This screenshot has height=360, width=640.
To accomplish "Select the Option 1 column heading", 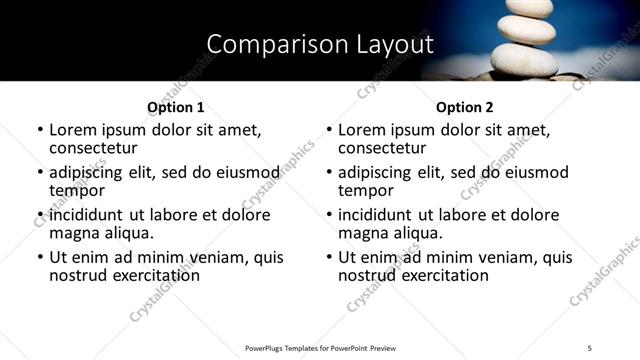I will (175, 107).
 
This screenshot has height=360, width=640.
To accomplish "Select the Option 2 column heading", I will (464, 107).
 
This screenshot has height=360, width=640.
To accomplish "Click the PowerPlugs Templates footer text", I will (321, 348).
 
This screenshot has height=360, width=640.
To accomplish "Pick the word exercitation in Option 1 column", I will (151, 275).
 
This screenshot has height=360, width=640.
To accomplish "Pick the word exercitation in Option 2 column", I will (440, 275).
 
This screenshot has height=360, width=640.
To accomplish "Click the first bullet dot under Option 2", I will (330, 131).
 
